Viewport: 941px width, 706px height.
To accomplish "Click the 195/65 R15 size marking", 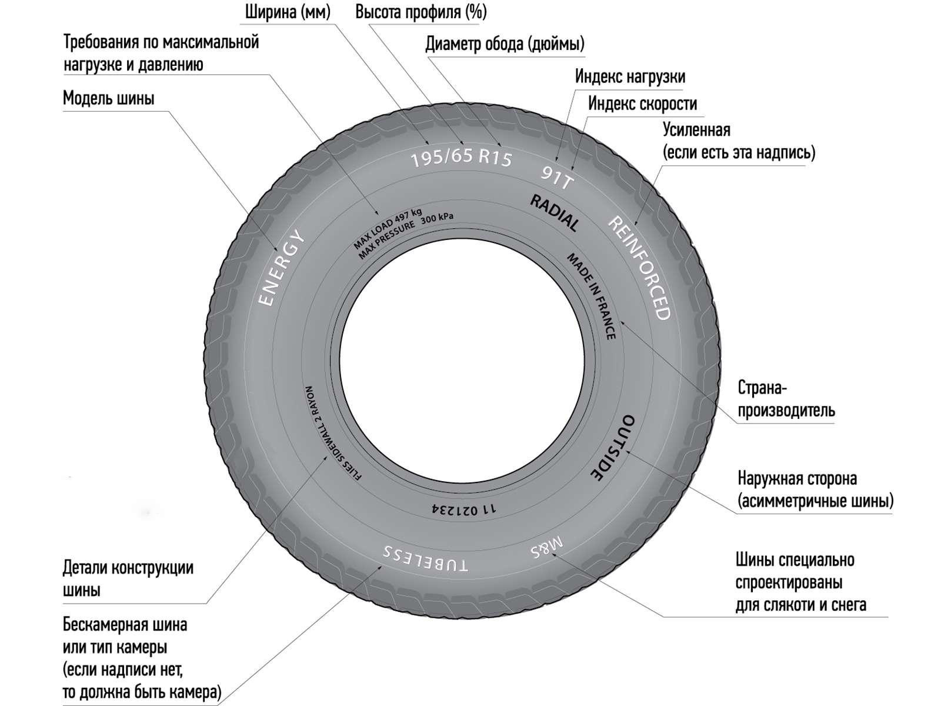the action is (x=461, y=158).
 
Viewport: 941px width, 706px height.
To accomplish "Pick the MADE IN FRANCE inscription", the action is (x=592, y=296).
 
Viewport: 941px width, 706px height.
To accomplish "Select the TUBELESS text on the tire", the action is (x=425, y=558).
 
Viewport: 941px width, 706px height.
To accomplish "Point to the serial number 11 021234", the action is (x=463, y=509).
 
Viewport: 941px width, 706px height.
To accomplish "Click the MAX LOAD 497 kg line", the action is (x=387, y=228).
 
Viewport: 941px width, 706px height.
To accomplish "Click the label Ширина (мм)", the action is (x=288, y=12).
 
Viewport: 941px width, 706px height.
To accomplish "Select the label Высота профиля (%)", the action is (x=421, y=12).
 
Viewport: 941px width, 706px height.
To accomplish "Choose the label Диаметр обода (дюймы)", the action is (x=505, y=44).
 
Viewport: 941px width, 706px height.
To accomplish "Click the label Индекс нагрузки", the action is (x=630, y=76).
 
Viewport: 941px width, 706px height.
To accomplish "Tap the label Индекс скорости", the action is (x=642, y=104).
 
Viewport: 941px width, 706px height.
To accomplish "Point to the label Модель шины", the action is (x=108, y=99).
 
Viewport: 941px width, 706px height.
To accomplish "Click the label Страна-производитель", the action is (x=786, y=399).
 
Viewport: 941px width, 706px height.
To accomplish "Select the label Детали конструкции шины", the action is (x=128, y=579).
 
